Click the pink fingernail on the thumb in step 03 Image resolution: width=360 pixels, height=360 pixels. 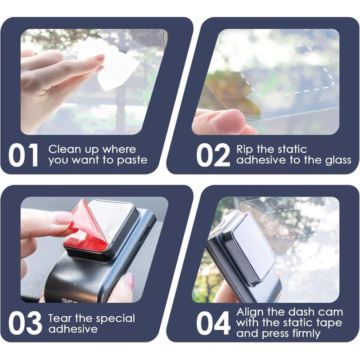(129, 280)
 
